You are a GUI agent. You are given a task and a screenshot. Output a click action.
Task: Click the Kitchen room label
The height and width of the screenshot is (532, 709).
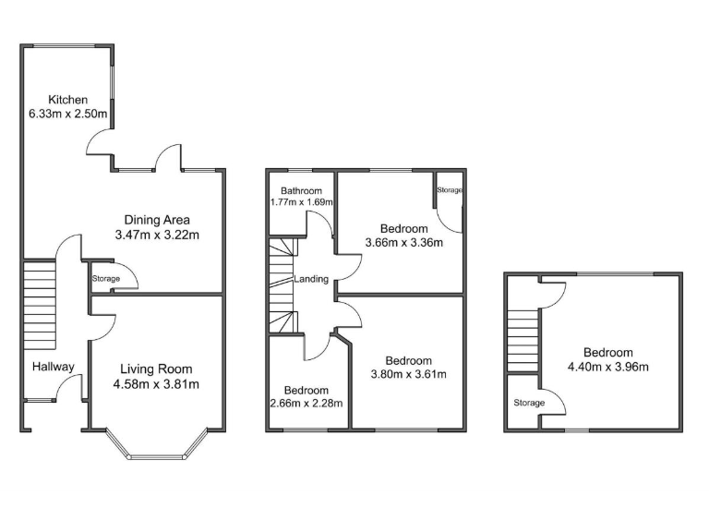pos(68,100)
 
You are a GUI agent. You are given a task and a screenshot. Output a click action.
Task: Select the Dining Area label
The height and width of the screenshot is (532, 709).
pos(157,220)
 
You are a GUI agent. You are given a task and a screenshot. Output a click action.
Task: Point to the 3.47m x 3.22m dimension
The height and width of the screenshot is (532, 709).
pos(157,235)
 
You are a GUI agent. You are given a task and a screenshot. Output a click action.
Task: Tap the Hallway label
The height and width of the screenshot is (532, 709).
pos(53,367)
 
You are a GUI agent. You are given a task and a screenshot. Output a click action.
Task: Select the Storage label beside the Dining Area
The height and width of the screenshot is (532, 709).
pos(106,278)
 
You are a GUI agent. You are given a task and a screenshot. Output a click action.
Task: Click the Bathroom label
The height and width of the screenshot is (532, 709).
pos(302,191)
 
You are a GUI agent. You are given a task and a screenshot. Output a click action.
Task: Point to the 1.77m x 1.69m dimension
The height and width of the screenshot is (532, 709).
pos(301,202)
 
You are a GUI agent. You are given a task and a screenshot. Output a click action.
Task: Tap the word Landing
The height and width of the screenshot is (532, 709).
pos(310,279)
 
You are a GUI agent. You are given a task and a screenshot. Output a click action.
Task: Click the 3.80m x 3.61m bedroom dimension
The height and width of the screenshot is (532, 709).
pos(408,374)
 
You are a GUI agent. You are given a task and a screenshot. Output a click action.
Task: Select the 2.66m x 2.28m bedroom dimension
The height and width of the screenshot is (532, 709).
pos(306,403)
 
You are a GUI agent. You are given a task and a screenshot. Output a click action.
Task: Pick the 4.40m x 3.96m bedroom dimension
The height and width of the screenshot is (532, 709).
pos(607,367)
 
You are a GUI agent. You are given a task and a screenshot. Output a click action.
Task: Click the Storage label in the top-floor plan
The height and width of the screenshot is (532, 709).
pos(529,403)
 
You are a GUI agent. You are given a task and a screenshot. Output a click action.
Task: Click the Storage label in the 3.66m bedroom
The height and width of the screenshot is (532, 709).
pos(451,190)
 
